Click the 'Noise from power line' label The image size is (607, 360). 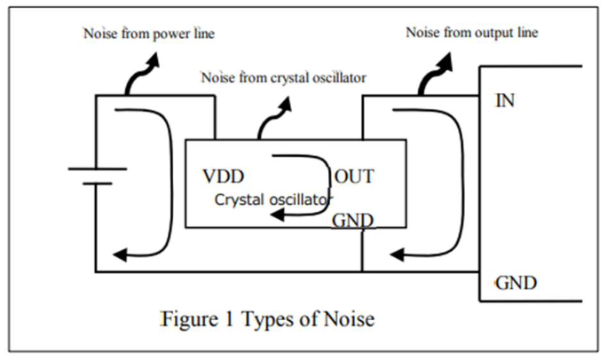(x=149, y=35)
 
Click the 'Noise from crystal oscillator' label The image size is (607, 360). (x=284, y=77)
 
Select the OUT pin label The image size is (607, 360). (x=354, y=175)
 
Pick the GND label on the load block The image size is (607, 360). (x=515, y=284)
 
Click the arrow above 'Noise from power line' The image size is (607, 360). (x=141, y=76)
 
